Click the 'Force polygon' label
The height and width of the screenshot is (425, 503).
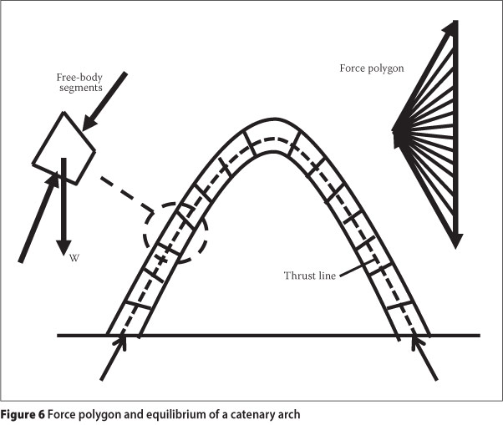click(x=372, y=67)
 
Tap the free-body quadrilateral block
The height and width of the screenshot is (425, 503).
click(x=64, y=148)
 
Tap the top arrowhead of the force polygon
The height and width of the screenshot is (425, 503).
click(x=453, y=25)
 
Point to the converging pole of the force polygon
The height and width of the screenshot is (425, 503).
click(x=396, y=130)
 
